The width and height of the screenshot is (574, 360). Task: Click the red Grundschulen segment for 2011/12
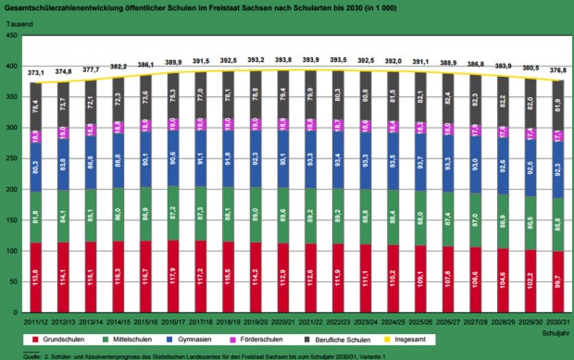[x=35, y=278]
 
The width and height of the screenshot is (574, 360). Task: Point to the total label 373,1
[x=35, y=73]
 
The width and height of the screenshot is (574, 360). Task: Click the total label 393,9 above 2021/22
[x=310, y=61]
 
